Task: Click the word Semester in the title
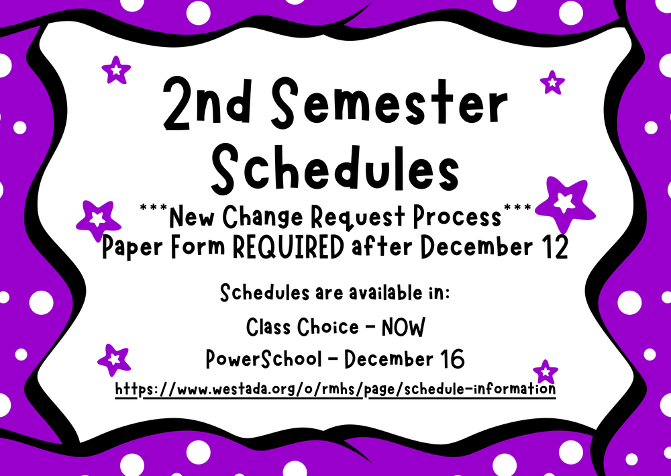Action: click(389, 105)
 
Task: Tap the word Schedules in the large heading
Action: click(335, 169)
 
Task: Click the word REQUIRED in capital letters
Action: click(288, 247)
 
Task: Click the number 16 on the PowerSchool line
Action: click(452, 359)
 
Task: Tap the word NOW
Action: click(403, 328)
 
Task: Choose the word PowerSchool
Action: click(263, 359)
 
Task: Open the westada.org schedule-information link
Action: click(335, 389)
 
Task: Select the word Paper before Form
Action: click(133, 248)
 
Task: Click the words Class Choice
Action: click(303, 328)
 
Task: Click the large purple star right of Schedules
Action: click(564, 203)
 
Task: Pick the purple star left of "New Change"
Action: click(98, 220)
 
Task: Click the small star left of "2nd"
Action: click(116, 70)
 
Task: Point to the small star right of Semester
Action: click(552, 83)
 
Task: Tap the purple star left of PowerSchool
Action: click(114, 360)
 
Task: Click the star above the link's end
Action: click(546, 372)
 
